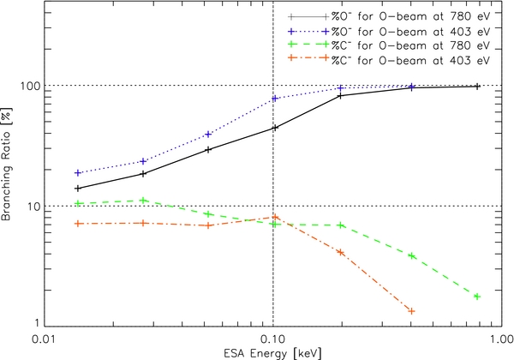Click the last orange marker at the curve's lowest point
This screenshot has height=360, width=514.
point(412,311)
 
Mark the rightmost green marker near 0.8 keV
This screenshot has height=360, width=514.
point(477,297)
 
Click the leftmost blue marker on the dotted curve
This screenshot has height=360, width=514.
point(78,173)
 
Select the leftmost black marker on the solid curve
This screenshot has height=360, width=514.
point(78,189)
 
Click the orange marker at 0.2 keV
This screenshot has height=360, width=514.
point(341,253)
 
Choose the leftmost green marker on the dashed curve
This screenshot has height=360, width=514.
point(78,203)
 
